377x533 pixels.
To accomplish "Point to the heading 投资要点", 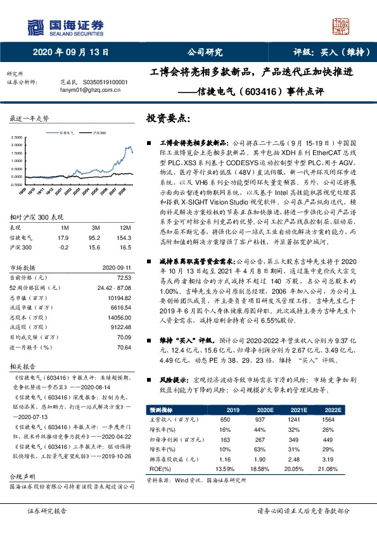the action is pyautogui.click(x=168, y=118).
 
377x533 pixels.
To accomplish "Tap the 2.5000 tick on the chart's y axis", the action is pyautogui.click(x=15, y=137).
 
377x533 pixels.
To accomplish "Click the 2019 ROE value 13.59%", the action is pyautogui.click(x=225, y=468).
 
